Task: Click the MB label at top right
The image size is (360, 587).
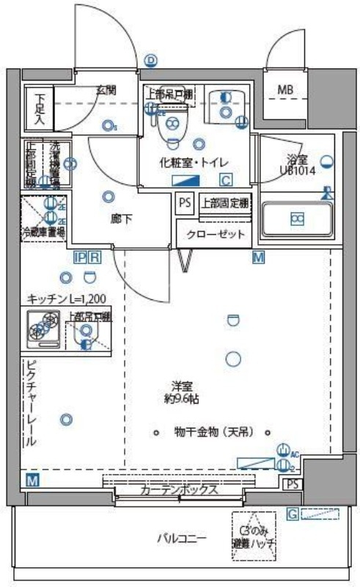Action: coord(286,90)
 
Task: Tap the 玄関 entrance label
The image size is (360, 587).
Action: coord(106,90)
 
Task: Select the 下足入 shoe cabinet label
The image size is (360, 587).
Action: coord(40,109)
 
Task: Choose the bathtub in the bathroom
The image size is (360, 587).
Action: coord(298,218)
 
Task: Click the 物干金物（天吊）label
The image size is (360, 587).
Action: coord(213,431)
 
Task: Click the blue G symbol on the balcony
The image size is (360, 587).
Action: coord(291,514)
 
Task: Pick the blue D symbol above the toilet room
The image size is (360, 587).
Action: coord(151,61)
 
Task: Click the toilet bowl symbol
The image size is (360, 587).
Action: coord(174,125)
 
